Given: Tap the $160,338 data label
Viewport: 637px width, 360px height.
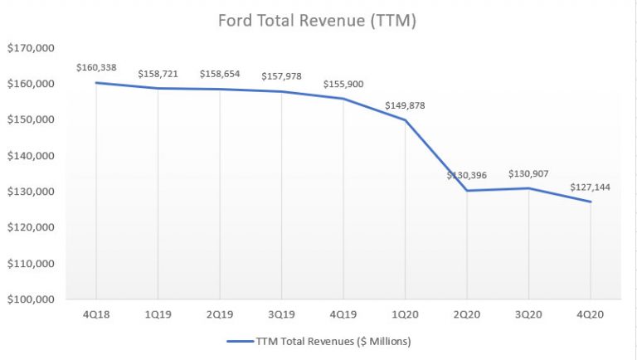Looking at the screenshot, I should (x=96, y=67).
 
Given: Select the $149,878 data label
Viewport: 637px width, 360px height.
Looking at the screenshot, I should (x=406, y=105).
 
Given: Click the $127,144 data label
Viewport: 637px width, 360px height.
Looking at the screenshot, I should (x=591, y=187).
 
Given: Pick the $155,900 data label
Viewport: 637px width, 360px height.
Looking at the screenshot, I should (x=343, y=84).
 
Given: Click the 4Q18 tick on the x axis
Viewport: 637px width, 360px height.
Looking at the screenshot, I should (x=96, y=314).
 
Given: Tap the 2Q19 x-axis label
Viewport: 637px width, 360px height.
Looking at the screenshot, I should (x=220, y=314).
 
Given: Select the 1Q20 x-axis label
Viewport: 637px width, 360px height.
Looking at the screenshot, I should (x=406, y=314).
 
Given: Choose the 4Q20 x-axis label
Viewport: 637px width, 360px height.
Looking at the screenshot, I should (x=591, y=314).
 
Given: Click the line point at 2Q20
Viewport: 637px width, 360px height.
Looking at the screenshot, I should (x=467, y=191).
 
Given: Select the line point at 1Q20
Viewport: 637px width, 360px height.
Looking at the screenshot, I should (x=406, y=120).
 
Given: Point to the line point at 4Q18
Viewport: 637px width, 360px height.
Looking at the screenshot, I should (x=96, y=82).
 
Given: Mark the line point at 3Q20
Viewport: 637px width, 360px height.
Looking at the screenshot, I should (x=529, y=188).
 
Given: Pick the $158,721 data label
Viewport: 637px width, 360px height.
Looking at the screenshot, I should (x=158, y=73).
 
